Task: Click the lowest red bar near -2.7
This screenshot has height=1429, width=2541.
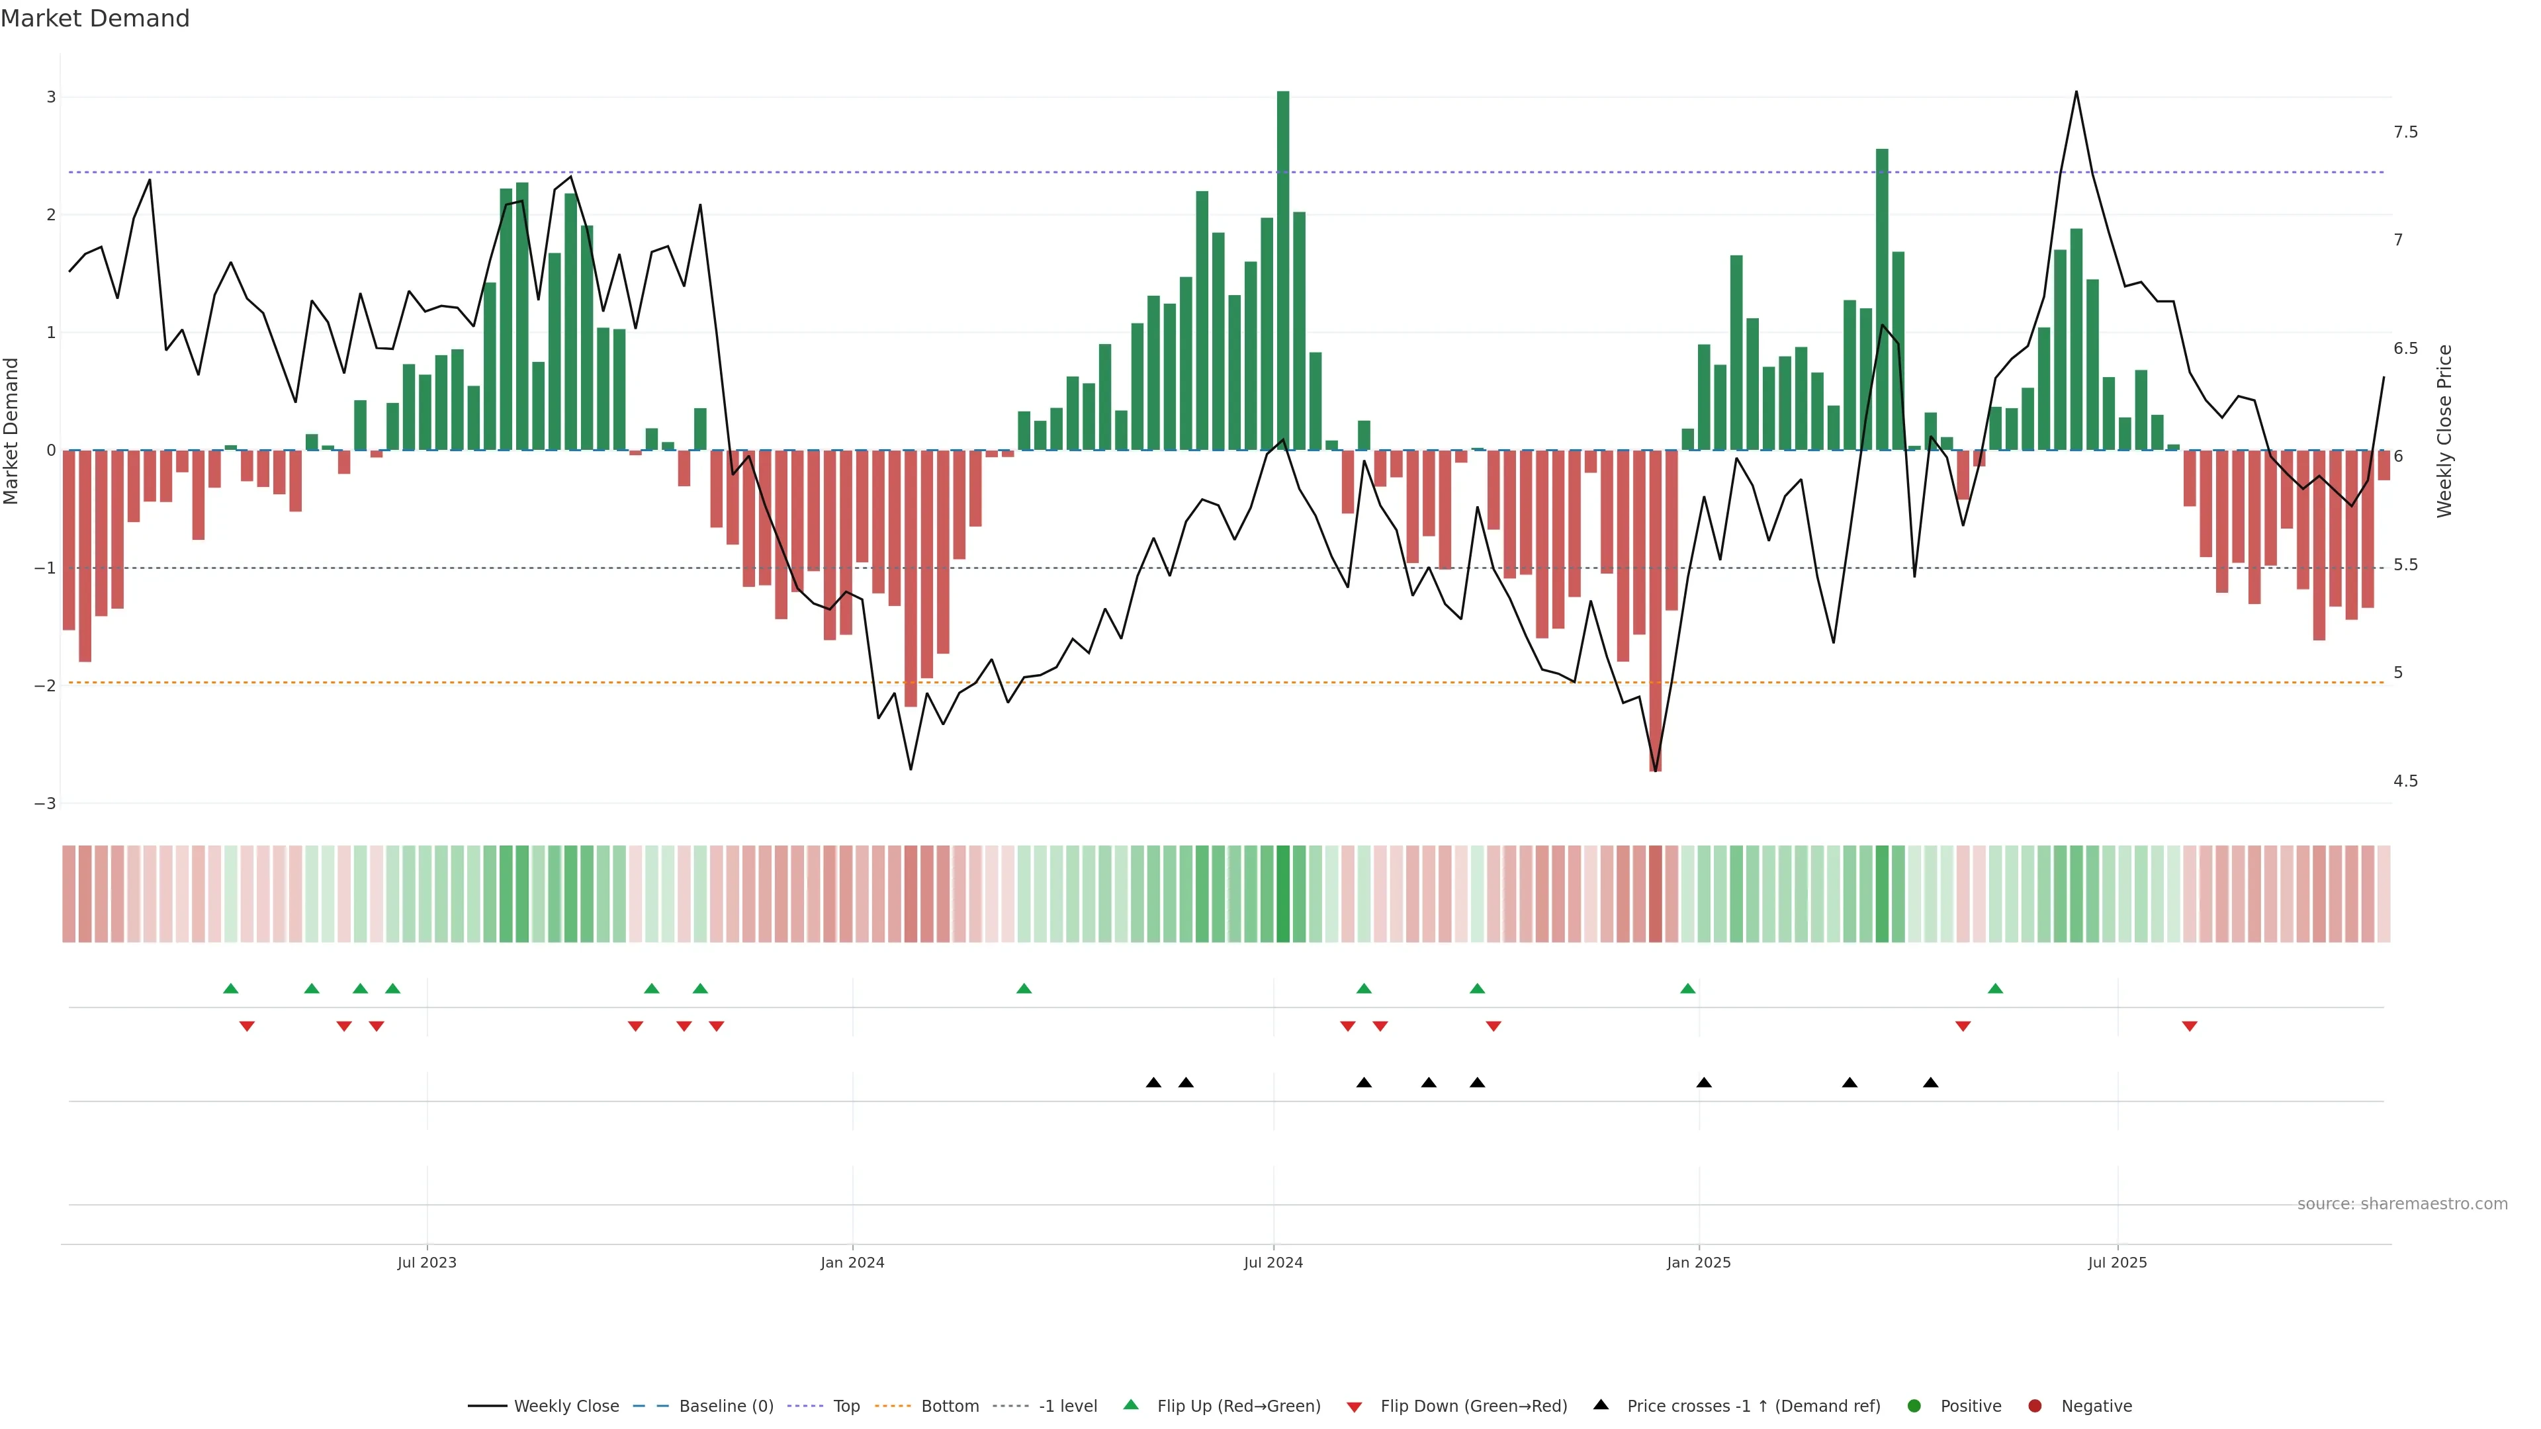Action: point(1655,611)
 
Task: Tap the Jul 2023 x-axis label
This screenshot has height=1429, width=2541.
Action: point(426,1262)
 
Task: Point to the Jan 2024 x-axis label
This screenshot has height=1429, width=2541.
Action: point(852,1262)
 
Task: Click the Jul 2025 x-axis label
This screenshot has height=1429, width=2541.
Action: point(2117,1262)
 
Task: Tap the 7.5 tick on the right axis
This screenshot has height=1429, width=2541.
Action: point(2405,132)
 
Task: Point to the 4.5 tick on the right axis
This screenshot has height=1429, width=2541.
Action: point(2405,781)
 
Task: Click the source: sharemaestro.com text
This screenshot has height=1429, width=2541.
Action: point(2402,1204)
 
